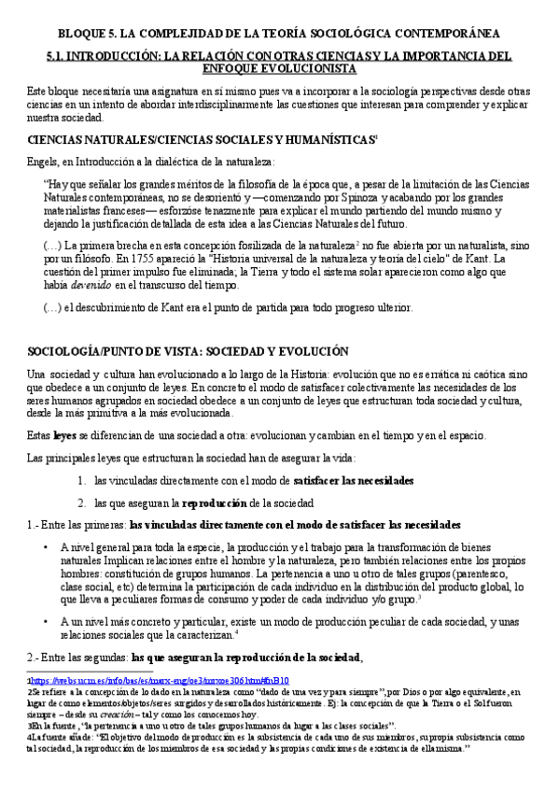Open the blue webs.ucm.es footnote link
[113, 682]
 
